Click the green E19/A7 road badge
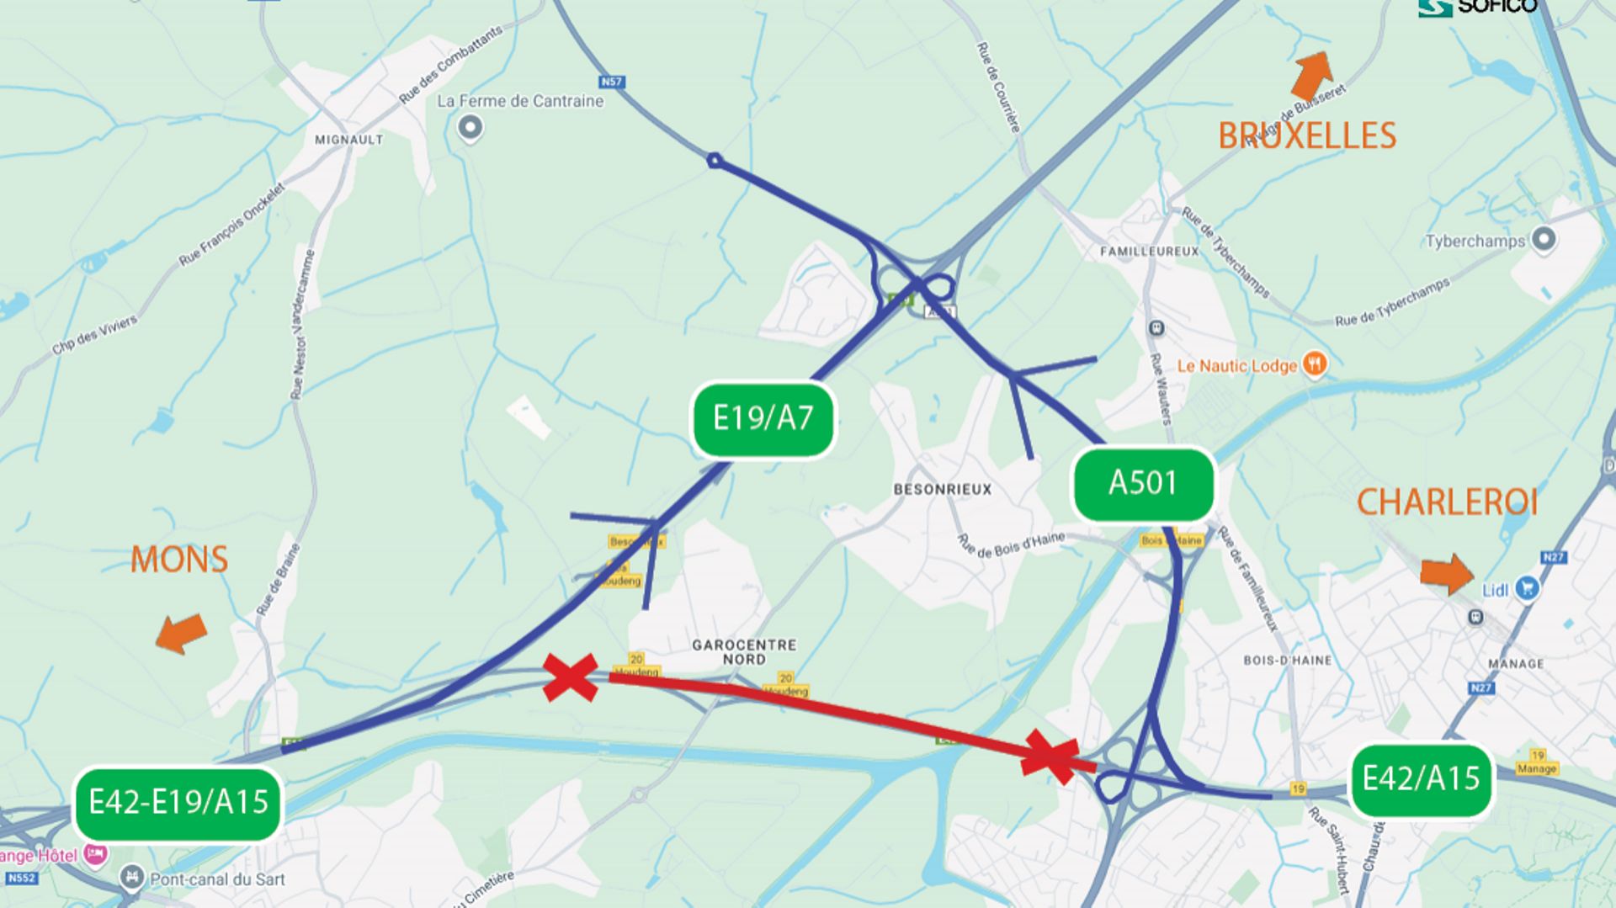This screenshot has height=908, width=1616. (763, 419)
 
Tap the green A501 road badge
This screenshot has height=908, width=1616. (1143, 484)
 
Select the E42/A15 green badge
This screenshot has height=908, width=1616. (1421, 779)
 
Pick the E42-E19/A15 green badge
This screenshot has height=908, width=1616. (178, 803)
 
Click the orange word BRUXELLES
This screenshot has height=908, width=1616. (1307, 136)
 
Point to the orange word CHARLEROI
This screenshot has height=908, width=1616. (1447, 503)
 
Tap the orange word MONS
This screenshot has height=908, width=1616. (179, 560)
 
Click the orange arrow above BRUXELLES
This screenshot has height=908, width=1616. (1312, 74)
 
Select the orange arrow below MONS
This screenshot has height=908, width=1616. (182, 633)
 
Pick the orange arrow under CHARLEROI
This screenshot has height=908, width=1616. (1447, 574)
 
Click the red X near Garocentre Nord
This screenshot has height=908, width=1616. (571, 677)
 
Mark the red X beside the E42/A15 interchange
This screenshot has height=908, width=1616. (1050, 757)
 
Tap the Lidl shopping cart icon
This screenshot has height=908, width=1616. (1527, 588)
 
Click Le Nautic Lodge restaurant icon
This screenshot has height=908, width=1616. (1314, 364)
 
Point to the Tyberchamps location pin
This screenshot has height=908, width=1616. (1543, 240)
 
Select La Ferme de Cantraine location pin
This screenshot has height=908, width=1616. (470, 128)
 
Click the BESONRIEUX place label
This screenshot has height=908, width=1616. (943, 490)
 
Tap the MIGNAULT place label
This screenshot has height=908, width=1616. (348, 140)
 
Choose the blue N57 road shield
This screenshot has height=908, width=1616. (611, 82)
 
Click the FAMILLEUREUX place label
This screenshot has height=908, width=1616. (1149, 252)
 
